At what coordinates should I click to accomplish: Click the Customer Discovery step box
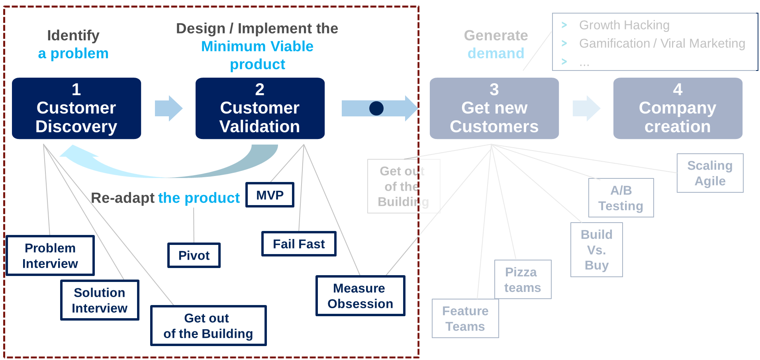(x=76, y=108)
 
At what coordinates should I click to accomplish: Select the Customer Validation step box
(x=260, y=108)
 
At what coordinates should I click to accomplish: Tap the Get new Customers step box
(x=494, y=108)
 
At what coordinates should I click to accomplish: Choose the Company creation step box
(x=678, y=108)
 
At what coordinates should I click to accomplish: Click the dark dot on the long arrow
(x=376, y=108)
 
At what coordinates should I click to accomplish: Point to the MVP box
(x=270, y=195)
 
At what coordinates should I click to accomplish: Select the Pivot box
(x=194, y=255)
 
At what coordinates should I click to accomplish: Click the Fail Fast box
(x=299, y=244)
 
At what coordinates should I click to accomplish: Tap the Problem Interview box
(x=50, y=256)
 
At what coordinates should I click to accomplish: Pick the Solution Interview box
(x=100, y=300)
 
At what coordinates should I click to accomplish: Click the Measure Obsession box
(x=360, y=296)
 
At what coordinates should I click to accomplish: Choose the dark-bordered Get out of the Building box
(x=208, y=326)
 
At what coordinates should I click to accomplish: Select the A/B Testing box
(x=621, y=198)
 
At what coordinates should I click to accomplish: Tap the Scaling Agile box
(x=710, y=173)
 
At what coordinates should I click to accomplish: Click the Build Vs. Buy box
(x=596, y=250)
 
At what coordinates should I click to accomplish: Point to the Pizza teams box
(x=523, y=280)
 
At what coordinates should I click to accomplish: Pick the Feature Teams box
(x=465, y=319)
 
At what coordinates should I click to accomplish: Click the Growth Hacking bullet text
(x=624, y=25)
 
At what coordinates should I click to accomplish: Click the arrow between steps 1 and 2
(x=168, y=108)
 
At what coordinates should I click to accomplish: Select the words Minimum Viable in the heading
(x=257, y=47)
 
